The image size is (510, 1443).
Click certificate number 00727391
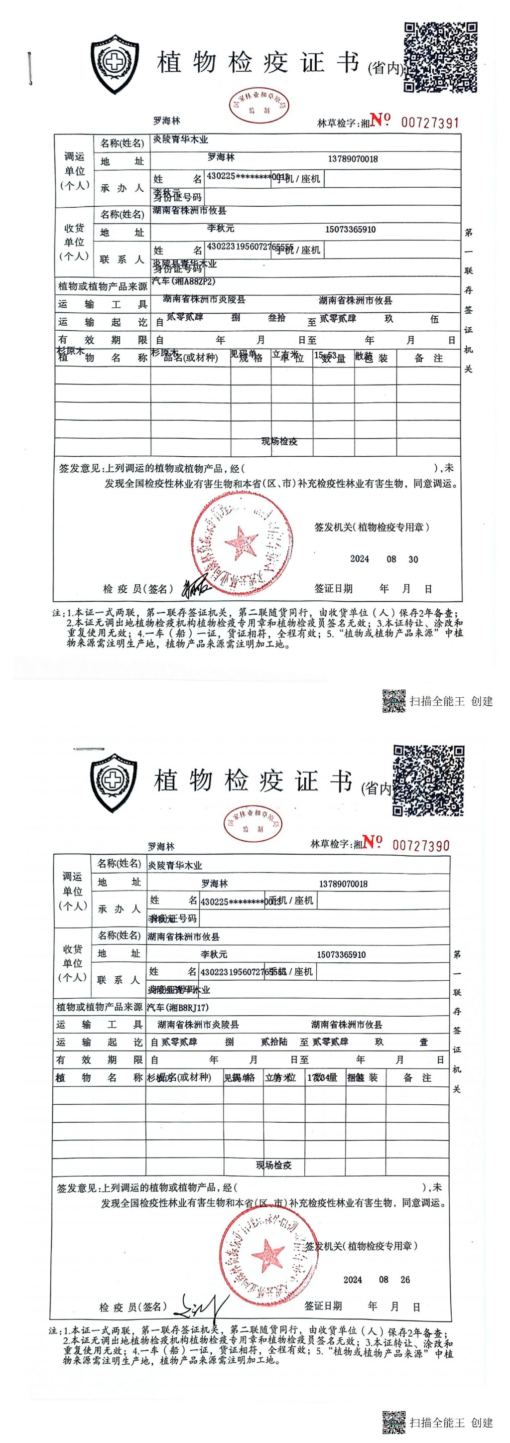[429, 123]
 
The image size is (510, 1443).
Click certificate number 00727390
[421, 845]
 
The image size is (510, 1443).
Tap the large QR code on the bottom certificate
[429, 781]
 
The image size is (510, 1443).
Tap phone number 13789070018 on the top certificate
[353, 159]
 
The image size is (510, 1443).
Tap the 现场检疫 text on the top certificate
[279, 441]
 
